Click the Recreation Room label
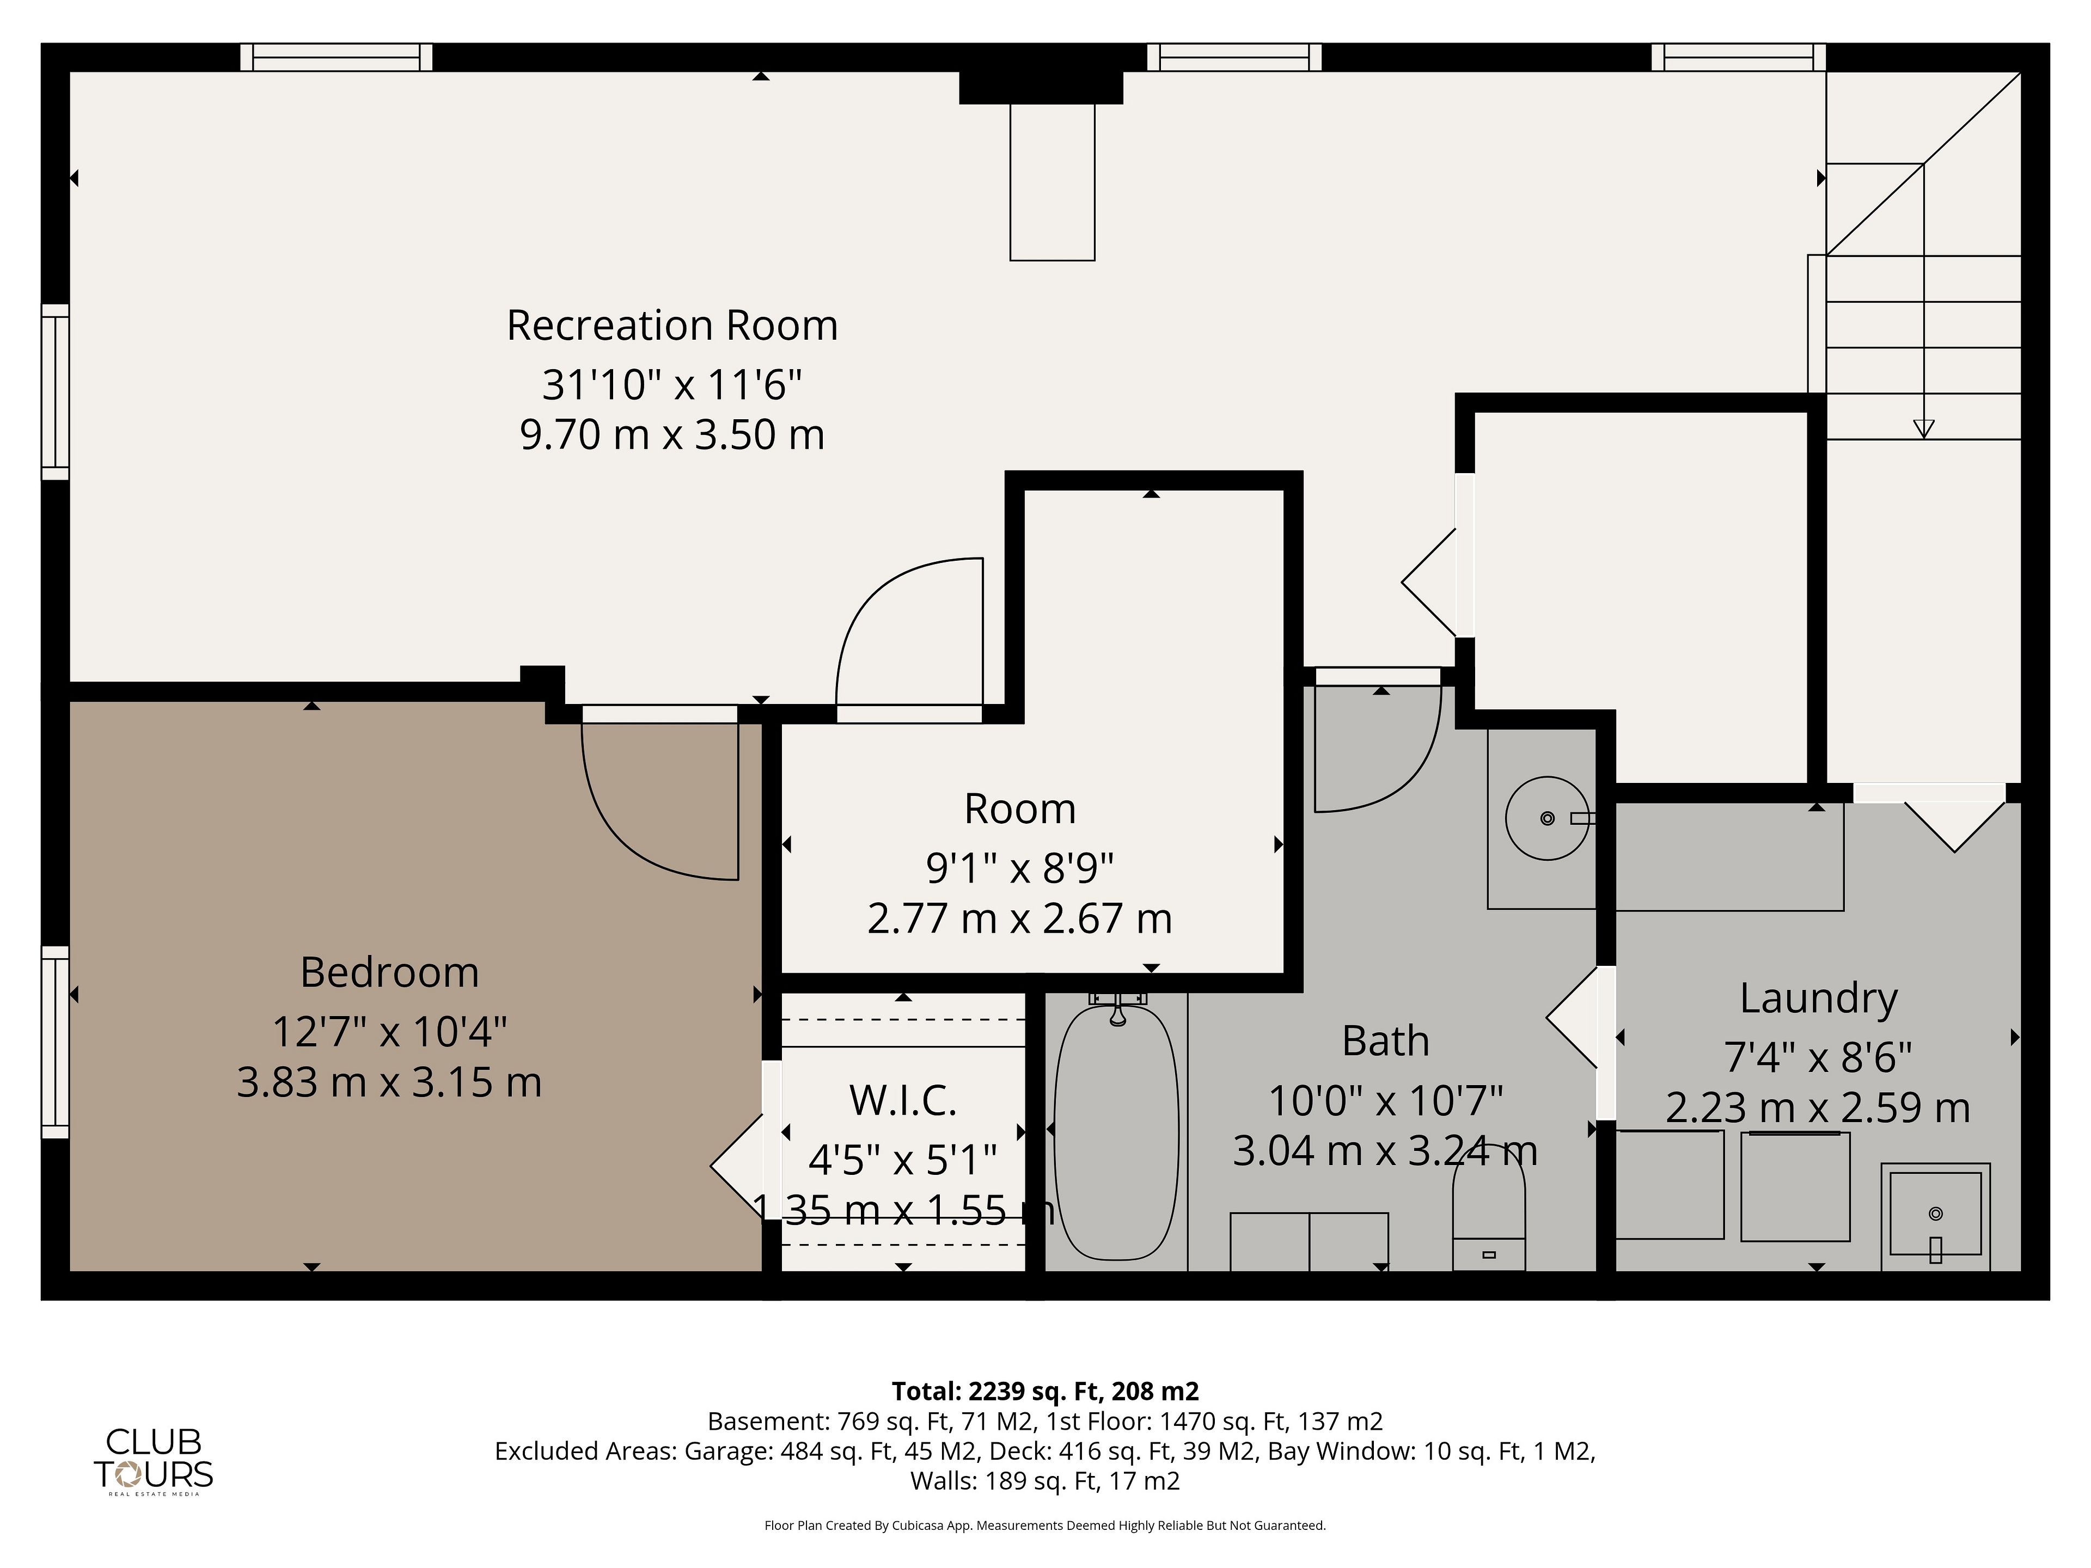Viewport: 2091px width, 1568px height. click(x=672, y=325)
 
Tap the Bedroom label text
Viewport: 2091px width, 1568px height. click(x=389, y=972)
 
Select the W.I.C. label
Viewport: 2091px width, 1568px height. click(x=903, y=1100)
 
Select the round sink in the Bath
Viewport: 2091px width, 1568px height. click(x=1548, y=818)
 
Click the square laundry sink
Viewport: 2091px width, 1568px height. click(x=1935, y=1216)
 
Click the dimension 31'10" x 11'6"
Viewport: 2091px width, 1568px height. click(x=672, y=385)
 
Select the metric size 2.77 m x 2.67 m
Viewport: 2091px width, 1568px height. click(x=1019, y=918)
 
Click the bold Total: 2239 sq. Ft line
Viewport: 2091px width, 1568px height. click(x=1044, y=1391)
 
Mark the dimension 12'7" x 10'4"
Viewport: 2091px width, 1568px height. click(x=389, y=1031)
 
